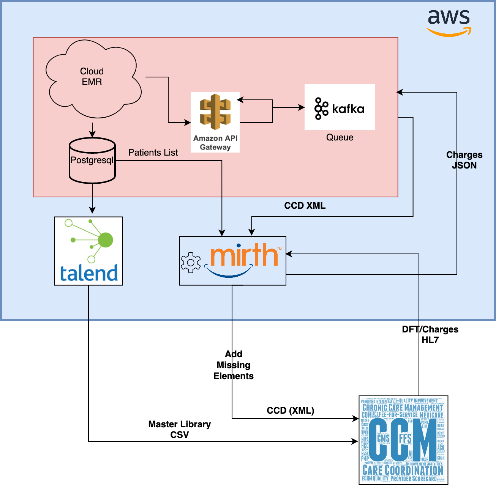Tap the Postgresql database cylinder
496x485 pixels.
[x=92, y=161]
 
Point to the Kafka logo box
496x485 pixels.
[x=340, y=107]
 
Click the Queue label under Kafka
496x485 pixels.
[x=340, y=137]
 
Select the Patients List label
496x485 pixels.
[x=153, y=153]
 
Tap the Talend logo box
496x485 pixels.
[x=88, y=251]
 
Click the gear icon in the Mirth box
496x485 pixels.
[x=191, y=262]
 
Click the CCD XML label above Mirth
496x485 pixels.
[x=305, y=206]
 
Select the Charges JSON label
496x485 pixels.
[x=464, y=160]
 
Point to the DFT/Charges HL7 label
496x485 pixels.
[x=430, y=334]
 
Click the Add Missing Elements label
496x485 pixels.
[x=233, y=365]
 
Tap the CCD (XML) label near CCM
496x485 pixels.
[x=291, y=411]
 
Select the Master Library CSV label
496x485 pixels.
[x=179, y=429]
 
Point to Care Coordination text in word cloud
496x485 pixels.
[x=403, y=470]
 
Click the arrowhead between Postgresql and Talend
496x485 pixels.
[x=92, y=210]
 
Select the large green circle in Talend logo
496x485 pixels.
[x=105, y=240]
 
